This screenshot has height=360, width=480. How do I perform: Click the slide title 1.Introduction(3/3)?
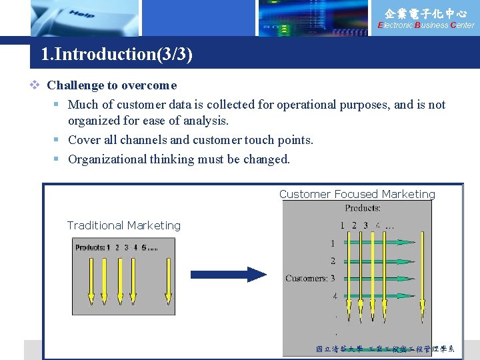(117, 54)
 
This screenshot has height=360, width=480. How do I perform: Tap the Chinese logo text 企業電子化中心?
(426, 13)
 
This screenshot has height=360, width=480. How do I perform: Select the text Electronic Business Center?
(426, 25)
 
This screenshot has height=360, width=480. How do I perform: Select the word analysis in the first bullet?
(207, 121)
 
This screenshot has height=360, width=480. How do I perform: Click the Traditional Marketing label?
(124, 225)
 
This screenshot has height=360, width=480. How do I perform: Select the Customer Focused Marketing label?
(357, 194)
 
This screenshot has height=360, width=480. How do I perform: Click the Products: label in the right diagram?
(363, 208)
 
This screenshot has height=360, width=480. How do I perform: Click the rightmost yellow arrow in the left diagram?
(168, 280)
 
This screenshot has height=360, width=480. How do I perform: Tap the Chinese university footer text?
(385, 349)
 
